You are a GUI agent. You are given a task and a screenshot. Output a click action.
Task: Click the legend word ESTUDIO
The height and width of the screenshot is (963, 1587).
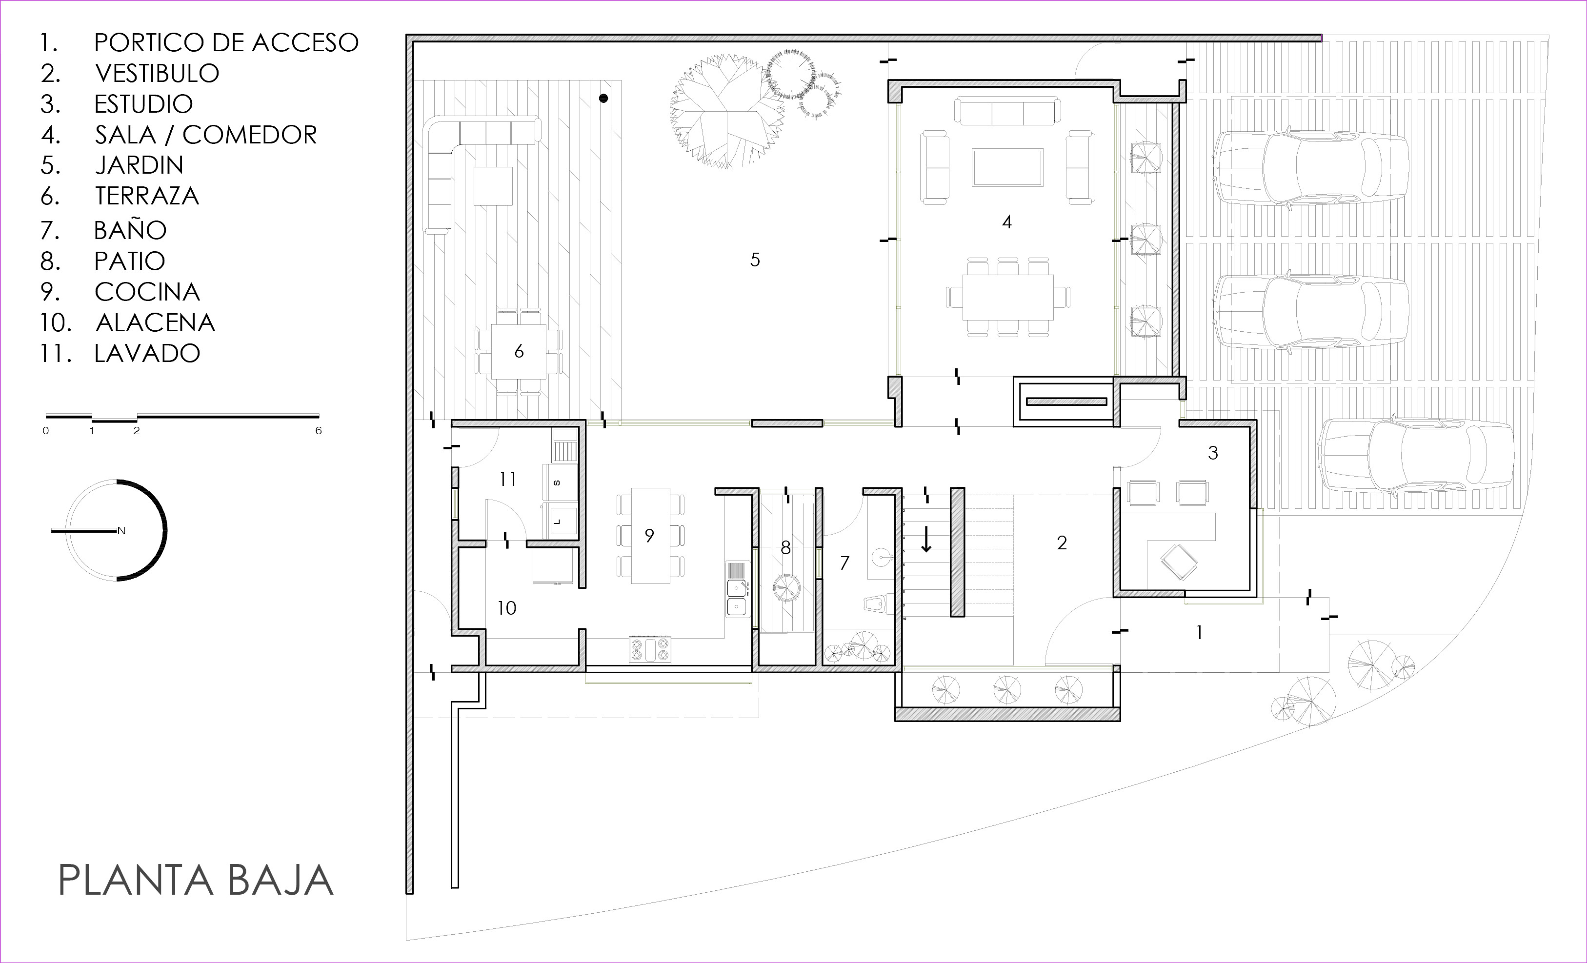point(143,104)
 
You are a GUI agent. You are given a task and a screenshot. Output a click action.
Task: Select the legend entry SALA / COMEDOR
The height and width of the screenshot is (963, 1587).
point(206,135)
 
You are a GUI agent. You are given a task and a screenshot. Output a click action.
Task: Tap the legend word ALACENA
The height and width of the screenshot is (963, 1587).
point(155,322)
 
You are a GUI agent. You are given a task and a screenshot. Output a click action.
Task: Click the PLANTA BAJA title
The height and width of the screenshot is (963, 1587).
point(196,880)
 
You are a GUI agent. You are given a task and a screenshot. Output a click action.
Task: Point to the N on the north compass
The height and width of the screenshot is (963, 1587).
point(121,531)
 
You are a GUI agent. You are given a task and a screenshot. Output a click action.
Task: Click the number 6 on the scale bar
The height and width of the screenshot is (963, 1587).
point(318,430)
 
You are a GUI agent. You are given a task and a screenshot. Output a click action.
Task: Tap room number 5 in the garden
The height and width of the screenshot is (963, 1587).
point(755,260)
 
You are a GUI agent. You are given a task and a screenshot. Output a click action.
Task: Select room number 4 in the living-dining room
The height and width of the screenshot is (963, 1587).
point(1006,222)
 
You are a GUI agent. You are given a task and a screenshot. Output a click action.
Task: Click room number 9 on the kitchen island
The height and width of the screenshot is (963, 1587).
point(649,535)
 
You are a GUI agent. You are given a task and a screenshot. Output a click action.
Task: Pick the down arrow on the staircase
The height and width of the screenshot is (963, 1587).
point(926,539)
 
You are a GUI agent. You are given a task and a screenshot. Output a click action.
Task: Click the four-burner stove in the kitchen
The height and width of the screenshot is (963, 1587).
point(650,649)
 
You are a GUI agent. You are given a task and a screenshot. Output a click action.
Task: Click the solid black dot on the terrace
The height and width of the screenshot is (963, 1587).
point(603,99)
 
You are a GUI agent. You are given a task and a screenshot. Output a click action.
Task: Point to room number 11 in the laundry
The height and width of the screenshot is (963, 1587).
point(507,479)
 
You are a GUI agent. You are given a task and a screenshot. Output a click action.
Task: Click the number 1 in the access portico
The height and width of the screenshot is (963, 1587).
point(1199,633)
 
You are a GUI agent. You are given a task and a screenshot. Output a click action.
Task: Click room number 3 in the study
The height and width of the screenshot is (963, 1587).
point(1213,453)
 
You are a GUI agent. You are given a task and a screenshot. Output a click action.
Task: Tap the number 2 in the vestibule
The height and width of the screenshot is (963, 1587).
point(1062,543)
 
